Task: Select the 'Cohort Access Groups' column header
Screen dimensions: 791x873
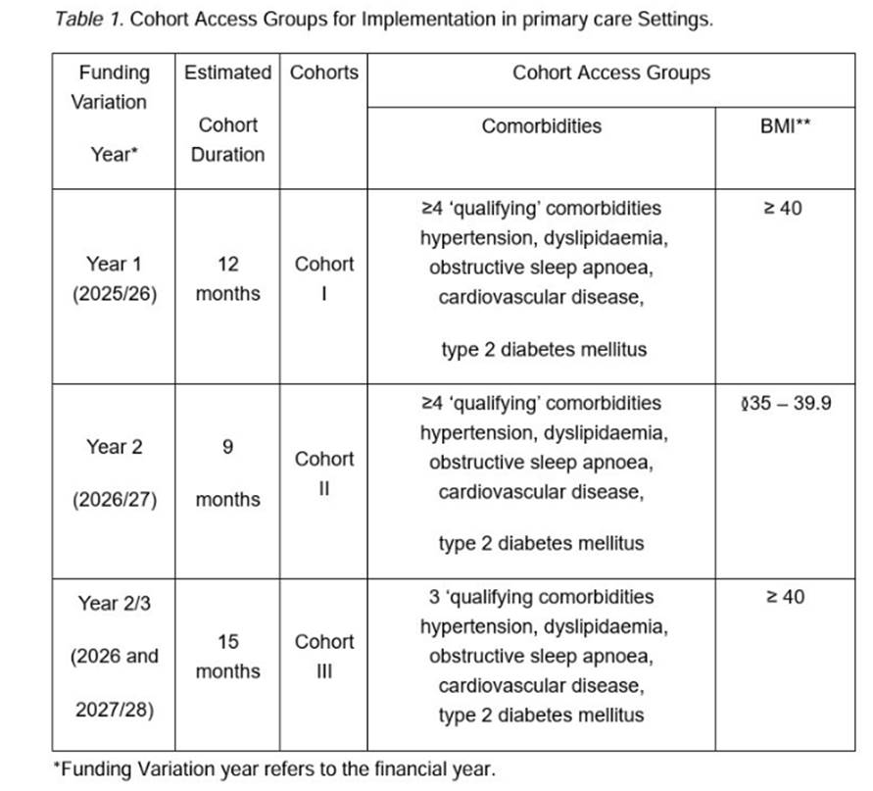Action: click(x=610, y=73)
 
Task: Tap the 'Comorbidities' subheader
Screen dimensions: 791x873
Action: click(x=541, y=126)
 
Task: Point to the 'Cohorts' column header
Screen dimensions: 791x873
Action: click(x=324, y=73)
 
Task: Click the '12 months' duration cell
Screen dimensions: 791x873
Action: click(x=227, y=278)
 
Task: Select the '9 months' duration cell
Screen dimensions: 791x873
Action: click(x=227, y=472)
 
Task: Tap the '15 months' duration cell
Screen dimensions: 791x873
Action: click(x=227, y=656)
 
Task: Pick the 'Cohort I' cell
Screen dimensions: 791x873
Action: click(x=324, y=278)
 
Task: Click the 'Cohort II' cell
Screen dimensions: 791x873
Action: click(x=324, y=472)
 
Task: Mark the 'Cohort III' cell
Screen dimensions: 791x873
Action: click(x=324, y=656)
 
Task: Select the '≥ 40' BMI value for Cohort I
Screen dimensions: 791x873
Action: click(x=783, y=208)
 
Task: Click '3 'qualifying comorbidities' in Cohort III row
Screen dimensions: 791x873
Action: click(x=541, y=597)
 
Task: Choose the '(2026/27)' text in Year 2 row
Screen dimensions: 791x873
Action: click(x=114, y=499)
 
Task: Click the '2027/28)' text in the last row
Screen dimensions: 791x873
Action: click(x=114, y=709)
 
